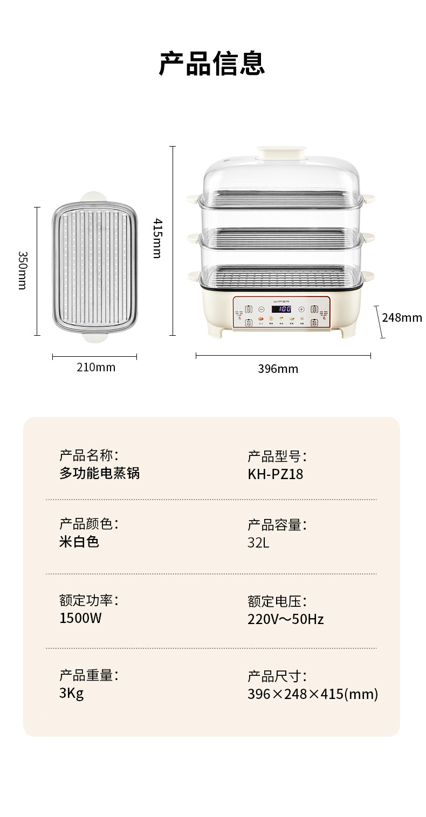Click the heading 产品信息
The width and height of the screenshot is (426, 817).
[x=212, y=64]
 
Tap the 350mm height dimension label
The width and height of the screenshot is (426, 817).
[x=22, y=270]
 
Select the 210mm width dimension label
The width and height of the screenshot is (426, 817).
[x=95, y=368]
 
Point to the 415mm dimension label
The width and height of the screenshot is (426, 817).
[x=156, y=238]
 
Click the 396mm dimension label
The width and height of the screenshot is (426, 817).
[x=278, y=369]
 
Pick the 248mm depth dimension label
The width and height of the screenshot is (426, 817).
[x=402, y=317]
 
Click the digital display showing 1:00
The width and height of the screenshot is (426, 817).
[x=281, y=309]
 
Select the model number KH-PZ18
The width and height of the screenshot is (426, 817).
[x=275, y=474]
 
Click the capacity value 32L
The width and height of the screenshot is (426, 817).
[x=258, y=543]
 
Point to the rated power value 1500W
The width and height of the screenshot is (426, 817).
[x=80, y=618]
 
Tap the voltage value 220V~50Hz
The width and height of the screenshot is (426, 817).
[x=286, y=619]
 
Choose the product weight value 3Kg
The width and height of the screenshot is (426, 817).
[x=71, y=693]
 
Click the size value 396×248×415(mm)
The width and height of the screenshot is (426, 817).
[x=313, y=694]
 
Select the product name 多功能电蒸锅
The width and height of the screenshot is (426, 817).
[x=99, y=473]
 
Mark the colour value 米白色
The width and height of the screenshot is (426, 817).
[x=79, y=542]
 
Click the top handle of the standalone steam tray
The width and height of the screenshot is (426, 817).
[x=94, y=197]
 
